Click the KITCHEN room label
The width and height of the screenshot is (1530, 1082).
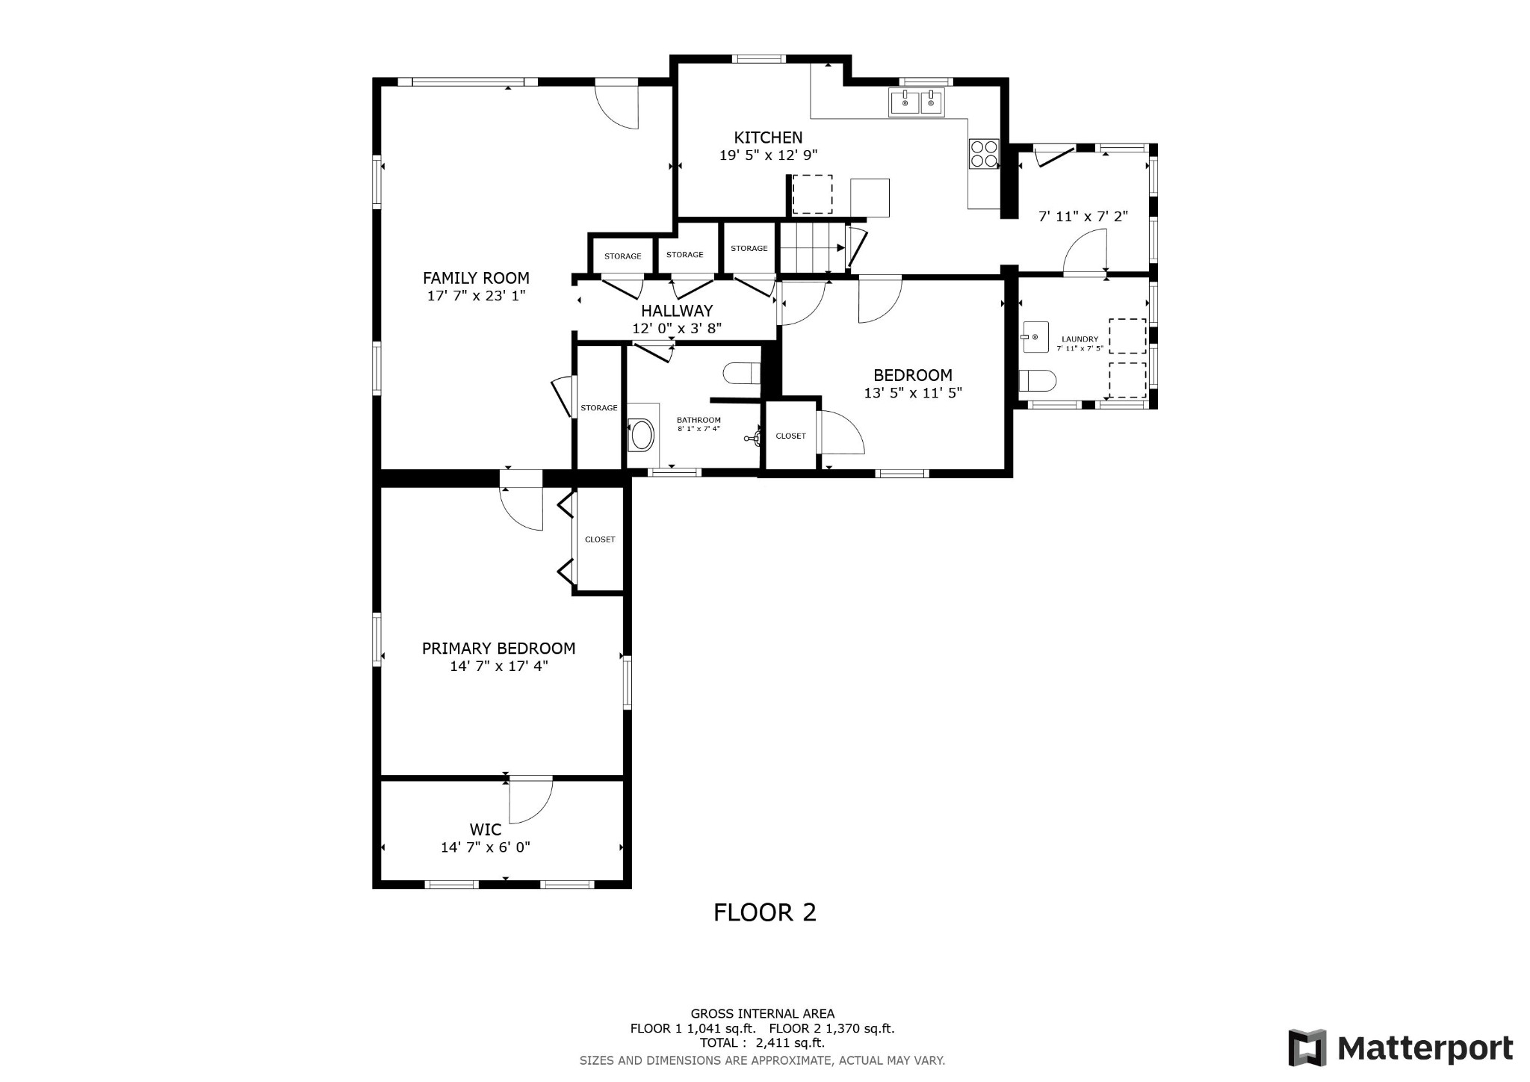pos(768,137)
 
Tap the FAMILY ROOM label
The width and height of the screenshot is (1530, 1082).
pos(476,278)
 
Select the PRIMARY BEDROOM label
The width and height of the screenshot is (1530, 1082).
pos(498,649)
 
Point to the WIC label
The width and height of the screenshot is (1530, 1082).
pos(486,829)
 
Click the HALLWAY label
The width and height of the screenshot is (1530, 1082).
pos(677,311)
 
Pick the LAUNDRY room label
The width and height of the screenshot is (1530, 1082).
pos(1080,339)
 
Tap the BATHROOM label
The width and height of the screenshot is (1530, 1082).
pos(699,420)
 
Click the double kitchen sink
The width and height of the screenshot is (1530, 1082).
pos(917,102)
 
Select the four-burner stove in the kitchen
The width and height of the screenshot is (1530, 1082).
pos(984,154)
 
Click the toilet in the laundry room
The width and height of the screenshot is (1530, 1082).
pos(1038,381)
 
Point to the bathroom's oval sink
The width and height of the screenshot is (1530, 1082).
pos(642,435)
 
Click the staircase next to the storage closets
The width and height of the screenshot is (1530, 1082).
pos(812,247)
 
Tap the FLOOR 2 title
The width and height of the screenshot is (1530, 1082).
pos(765,912)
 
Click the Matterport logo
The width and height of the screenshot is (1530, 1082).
pos(1401,1048)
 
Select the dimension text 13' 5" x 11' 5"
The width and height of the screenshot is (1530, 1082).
pos(913,393)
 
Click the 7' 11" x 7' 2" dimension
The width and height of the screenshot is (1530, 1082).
pos(1083,217)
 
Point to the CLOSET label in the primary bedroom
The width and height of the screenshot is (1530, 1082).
pos(600,540)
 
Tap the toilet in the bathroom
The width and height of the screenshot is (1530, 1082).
pos(742,371)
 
